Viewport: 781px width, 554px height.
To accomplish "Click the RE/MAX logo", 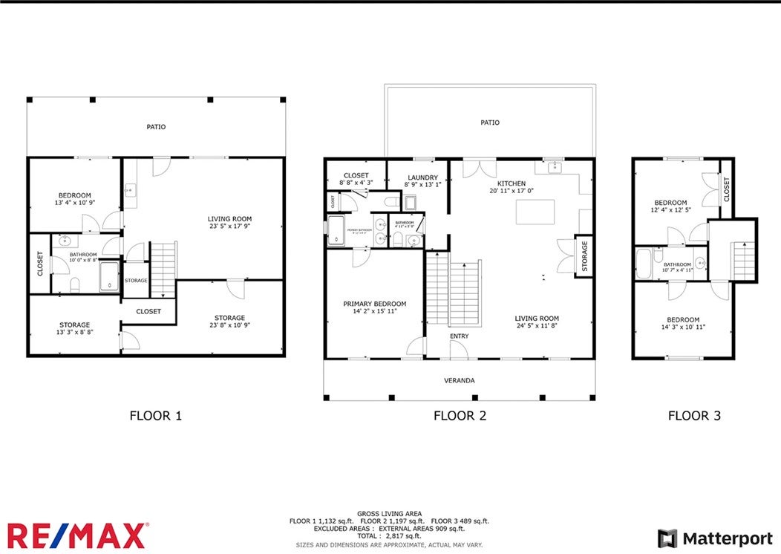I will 77,535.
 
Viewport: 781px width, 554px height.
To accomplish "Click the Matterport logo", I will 715,538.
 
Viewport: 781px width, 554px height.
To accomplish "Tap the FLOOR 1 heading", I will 155,416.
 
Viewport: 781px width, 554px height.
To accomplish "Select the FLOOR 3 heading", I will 694,416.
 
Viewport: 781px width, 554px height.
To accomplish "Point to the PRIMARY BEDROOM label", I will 374,304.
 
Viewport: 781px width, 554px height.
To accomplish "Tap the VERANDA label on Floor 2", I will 460,381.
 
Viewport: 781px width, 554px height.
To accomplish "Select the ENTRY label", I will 459,336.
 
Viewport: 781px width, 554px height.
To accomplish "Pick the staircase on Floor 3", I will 743,260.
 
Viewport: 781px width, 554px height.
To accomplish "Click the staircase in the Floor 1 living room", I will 163,269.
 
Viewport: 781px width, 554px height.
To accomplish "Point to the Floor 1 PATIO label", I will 156,127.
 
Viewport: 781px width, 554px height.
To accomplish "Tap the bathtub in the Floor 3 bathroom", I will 644,264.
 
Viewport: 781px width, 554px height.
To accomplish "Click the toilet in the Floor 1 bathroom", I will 74,284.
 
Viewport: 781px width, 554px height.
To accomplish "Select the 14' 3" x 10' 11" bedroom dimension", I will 682,327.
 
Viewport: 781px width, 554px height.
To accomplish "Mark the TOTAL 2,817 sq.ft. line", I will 389,535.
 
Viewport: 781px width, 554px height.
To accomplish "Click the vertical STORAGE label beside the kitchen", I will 585,255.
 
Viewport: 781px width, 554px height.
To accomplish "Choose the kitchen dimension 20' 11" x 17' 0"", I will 512,191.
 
